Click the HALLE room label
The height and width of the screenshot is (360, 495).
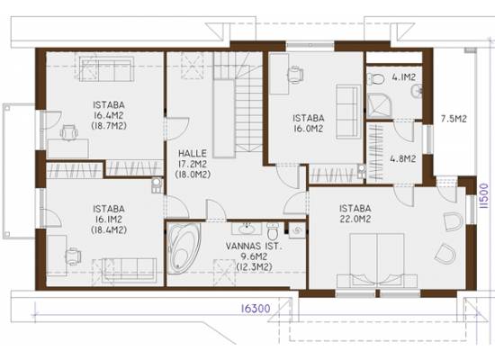[193, 154]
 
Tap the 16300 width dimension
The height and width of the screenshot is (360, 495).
[256, 309]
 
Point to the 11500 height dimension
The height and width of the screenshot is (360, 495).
[483, 196]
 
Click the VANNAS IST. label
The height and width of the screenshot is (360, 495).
[254, 246]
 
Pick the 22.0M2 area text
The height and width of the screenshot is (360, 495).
[355, 219]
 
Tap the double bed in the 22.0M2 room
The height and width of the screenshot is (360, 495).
[377, 260]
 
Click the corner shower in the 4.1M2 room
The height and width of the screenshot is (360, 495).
[380, 107]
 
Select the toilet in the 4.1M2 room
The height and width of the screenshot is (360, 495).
[375, 78]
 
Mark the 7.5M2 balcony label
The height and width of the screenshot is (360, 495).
[454, 119]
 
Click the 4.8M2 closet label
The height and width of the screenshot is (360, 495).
[402, 158]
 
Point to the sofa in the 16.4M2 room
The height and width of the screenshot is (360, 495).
[106, 68]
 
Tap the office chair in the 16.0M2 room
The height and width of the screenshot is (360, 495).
[295, 75]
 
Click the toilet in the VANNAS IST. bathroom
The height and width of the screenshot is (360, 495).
[273, 231]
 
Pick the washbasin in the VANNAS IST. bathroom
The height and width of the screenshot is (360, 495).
[247, 229]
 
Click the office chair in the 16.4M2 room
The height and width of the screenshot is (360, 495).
[68, 132]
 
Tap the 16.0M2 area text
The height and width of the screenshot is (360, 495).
[308, 129]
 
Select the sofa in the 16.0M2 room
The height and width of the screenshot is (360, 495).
[348, 112]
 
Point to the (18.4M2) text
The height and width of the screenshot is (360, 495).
[109, 229]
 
